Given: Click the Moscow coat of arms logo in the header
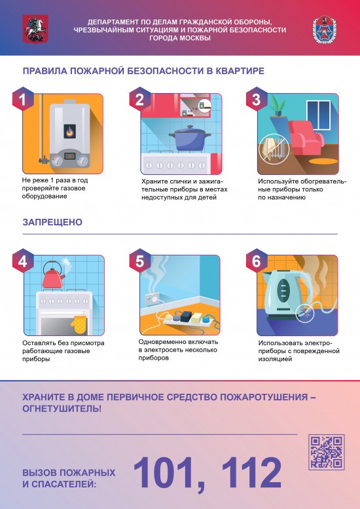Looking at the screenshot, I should click(x=31, y=29).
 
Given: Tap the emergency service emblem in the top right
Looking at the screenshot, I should click(x=325, y=29).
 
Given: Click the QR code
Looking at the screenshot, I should click(x=325, y=451).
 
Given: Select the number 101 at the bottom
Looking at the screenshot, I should click(x=171, y=471).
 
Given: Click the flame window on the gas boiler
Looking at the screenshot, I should click(x=69, y=132).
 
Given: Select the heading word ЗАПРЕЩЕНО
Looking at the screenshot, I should click(x=54, y=222).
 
